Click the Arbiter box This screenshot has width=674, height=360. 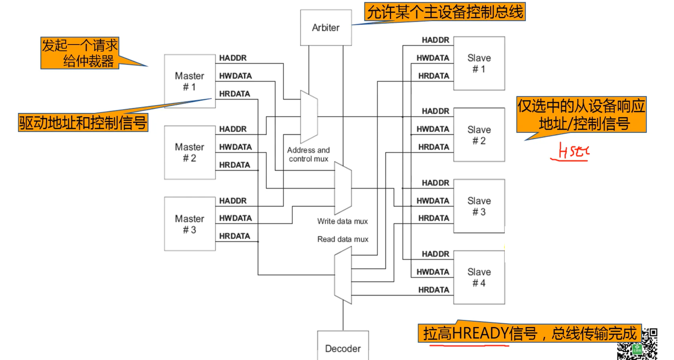pos(326,28)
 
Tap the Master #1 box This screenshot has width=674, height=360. pos(190,81)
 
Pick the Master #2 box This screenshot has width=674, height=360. pos(190,152)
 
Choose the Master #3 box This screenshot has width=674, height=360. pos(190,224)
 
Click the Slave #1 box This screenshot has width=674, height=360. pos(479,63)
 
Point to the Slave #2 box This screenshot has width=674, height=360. pos(479,135)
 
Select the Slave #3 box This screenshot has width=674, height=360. pos(479,206)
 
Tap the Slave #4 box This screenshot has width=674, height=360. pos(479,277)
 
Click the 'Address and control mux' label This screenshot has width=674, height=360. pos(308,154)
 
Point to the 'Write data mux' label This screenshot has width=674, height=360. pos(342,221)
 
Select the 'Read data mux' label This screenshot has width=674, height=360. pos(343,239)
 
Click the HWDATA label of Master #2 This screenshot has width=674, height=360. pos(235,147)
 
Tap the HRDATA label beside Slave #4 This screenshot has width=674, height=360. pos(434,290)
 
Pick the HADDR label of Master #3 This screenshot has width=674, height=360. pos(233,201)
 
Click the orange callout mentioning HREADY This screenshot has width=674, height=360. pos(529,333)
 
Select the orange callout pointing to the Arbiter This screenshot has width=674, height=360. pos(445,12)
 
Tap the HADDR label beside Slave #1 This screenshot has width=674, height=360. pos(435,40)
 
